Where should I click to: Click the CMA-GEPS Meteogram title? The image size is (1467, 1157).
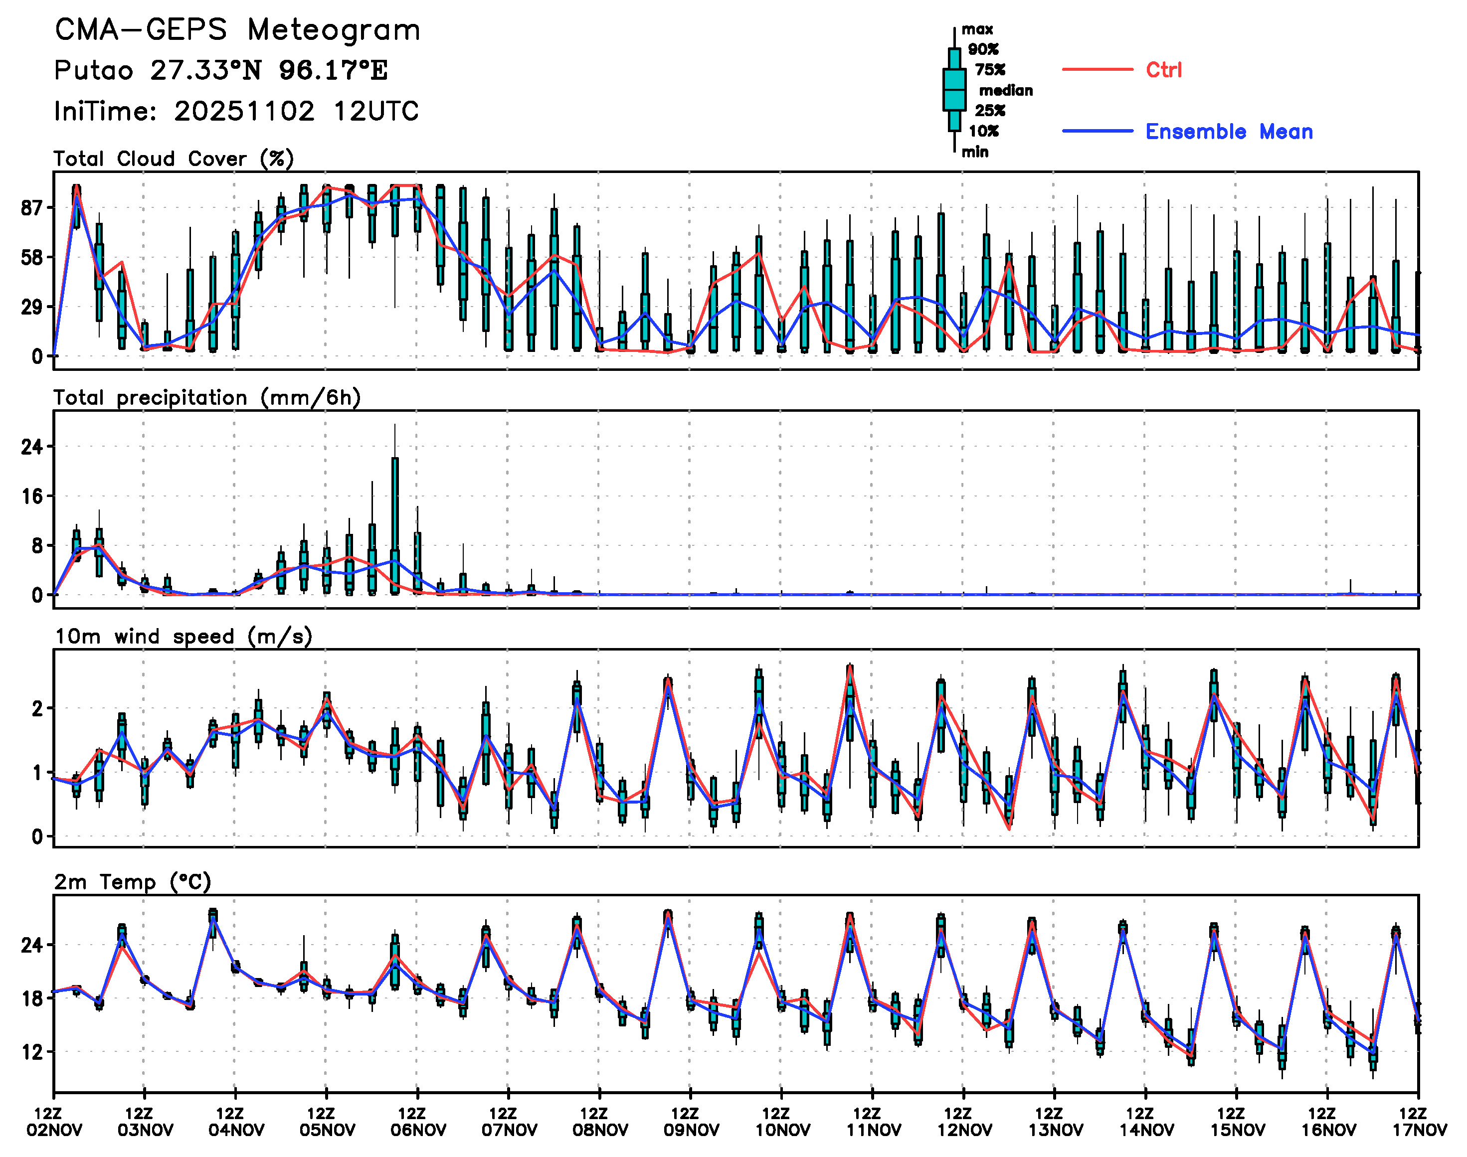(x=237, y=30)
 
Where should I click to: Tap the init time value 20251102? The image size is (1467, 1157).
(x=244, y=112)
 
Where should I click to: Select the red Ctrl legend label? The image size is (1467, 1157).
(x=1163, y=70)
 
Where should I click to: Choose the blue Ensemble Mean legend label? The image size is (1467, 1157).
(x=1229, y=132)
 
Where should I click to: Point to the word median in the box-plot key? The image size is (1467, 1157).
(x=1006, y=90)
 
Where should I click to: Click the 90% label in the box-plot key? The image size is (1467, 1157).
(x=982, y=49)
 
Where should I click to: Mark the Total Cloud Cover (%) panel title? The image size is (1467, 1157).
(x=174, y=159)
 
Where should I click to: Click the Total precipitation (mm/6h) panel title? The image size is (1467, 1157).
(x=206, y=398)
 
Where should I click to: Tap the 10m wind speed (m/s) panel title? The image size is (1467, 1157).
(x=183, y=637)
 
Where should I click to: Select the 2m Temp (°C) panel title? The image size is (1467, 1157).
(x=133, y=882)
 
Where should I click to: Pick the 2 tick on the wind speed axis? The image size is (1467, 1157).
(x=37, y=708)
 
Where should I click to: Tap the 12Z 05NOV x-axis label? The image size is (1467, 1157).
(x=326, y=1122)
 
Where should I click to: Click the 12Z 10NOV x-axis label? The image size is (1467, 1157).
(x=781, y=1122)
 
